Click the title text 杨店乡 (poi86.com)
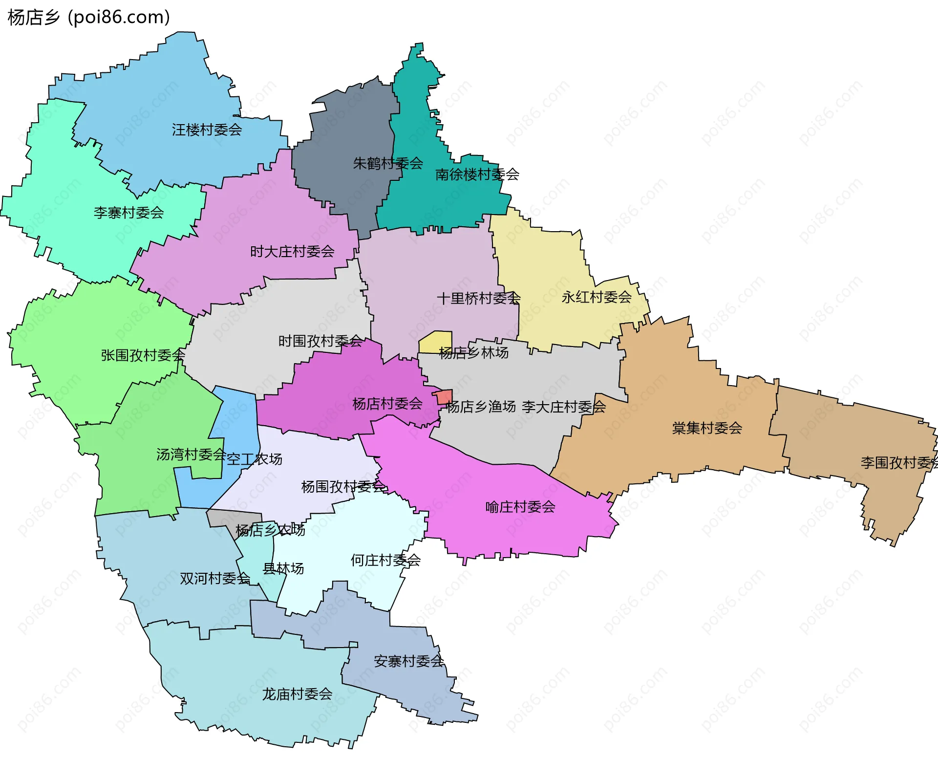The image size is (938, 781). click(89, 17)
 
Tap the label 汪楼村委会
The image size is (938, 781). click(207, 130)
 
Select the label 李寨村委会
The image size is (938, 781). click(128, 213)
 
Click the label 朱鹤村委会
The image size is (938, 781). click(387, 163)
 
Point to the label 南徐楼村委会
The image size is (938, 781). click(477, 174)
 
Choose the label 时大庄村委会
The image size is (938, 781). click(292, 252)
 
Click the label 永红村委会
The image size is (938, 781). click(596, 297)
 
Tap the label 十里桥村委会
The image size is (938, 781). click(478, 298)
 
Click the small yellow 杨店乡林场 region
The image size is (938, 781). click(435, 341)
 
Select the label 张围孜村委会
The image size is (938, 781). click(143, 355)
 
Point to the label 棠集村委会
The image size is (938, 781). click(706, 428)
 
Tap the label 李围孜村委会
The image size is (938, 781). click(898, 462)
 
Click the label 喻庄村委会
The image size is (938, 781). click(520, 507)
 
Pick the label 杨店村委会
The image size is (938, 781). click(387, 404)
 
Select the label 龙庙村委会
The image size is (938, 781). click(297, 694)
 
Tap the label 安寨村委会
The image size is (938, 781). click(408, 661)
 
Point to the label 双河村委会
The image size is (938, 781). click(215, 579)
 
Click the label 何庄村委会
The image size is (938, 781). click(385, 560)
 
